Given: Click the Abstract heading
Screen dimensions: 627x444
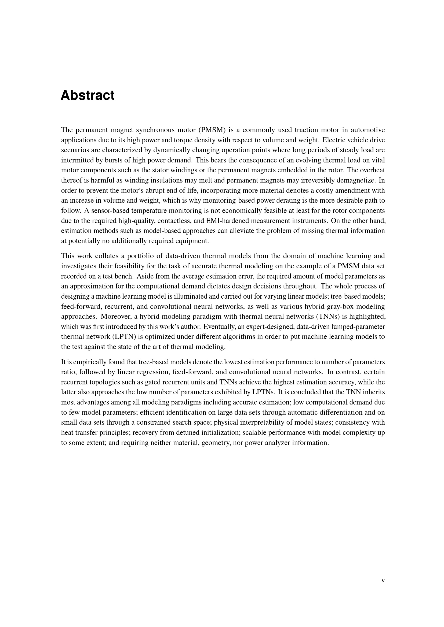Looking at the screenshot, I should click(88, 95).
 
